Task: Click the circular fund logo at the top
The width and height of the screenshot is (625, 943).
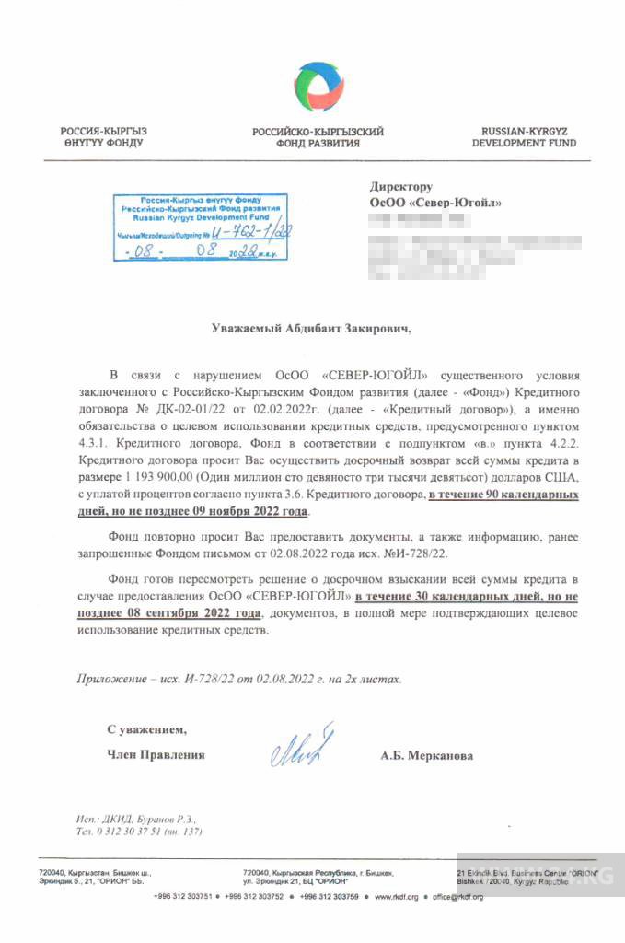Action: tap(319, 87)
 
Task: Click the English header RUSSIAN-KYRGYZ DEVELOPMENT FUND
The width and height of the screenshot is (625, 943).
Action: tap(524, 138)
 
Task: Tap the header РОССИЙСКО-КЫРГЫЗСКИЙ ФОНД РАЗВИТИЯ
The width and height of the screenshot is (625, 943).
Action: tap(318, 138)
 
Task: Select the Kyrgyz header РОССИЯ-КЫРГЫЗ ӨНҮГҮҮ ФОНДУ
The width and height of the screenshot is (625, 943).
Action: tap(103, 138)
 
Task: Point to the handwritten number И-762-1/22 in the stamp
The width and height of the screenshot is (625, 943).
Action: tap(251, 234)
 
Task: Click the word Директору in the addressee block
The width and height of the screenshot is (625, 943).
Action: tap(400, 187)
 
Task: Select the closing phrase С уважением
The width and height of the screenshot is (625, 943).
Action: tap(145, 729)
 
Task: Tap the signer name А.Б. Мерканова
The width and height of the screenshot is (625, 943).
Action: tap(427, 756)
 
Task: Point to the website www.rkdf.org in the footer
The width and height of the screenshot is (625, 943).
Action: tap(398, 896)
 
